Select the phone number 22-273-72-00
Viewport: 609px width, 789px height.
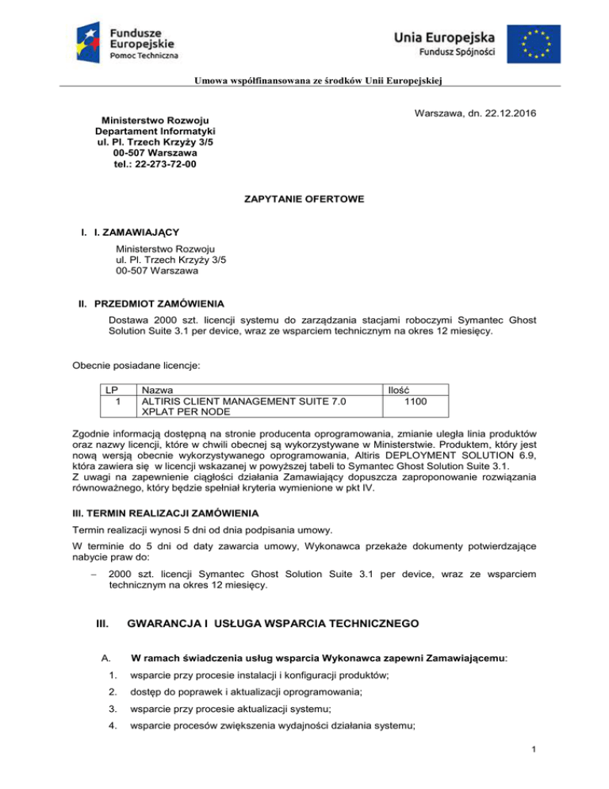click(156, 164)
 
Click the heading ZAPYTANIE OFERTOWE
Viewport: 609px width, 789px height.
click(304, 203)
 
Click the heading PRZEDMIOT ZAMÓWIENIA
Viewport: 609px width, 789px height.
click(159, 304)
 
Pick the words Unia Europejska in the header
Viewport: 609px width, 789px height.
click(446, 36)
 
